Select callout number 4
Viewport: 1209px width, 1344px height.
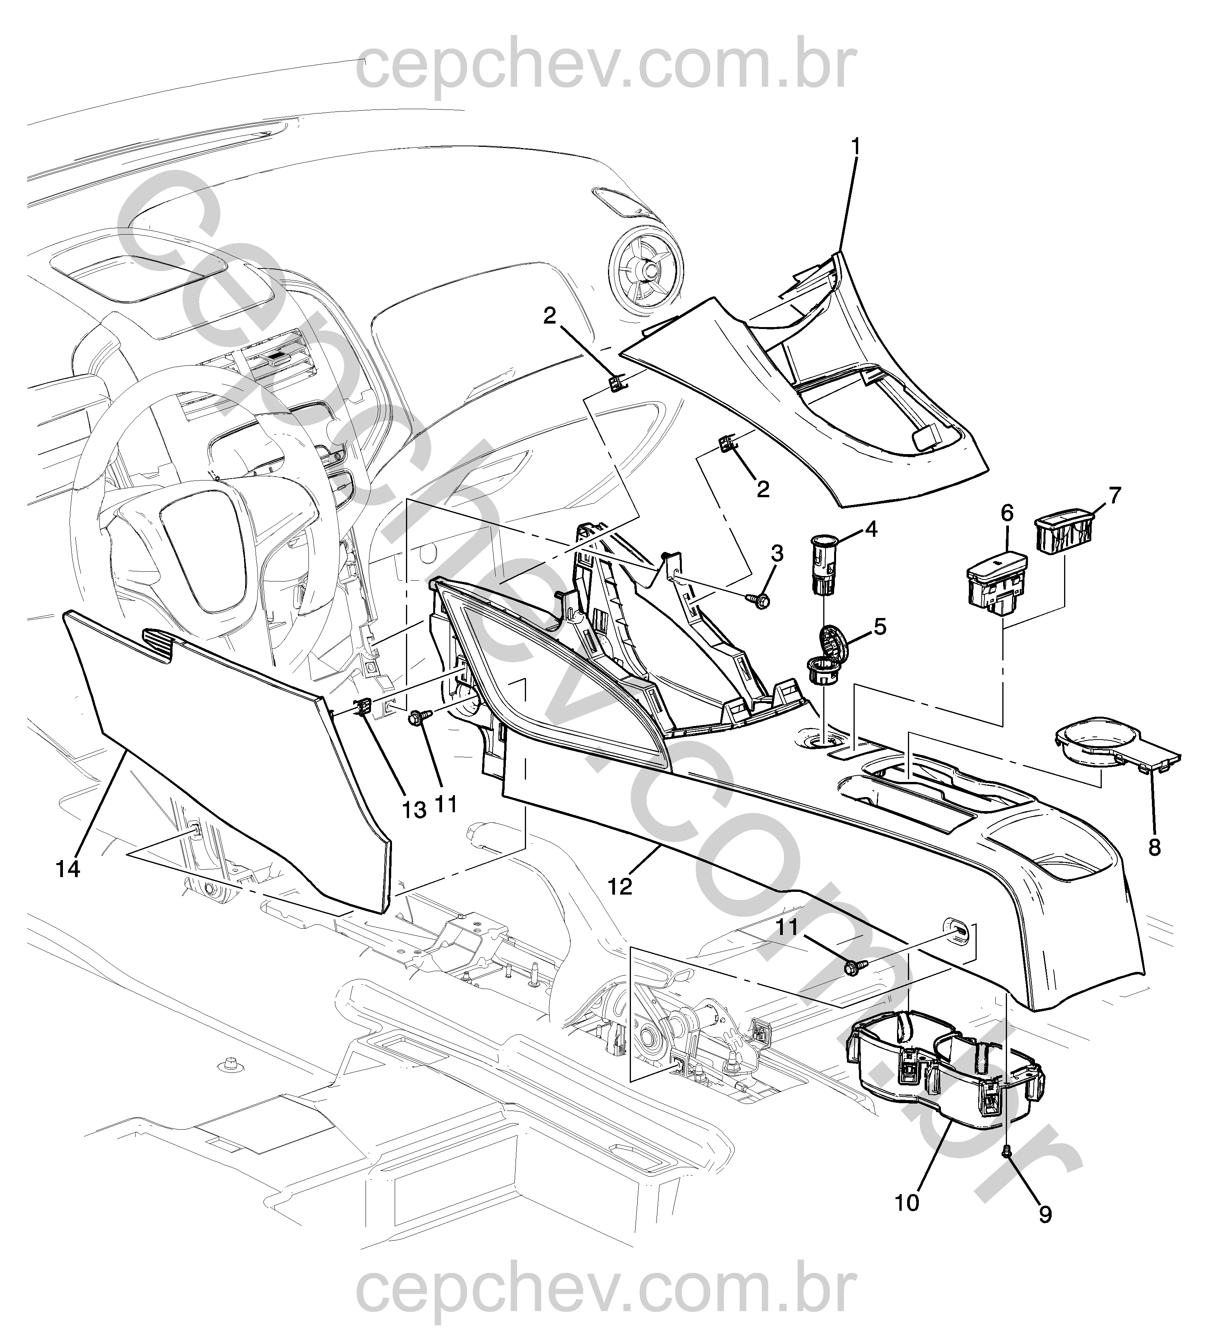(x=871, y=529)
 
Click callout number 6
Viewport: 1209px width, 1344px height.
(x=1007, y=513)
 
